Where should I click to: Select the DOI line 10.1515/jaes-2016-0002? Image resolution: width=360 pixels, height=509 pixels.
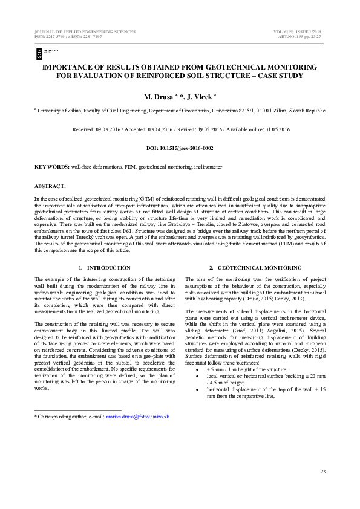[180, 148]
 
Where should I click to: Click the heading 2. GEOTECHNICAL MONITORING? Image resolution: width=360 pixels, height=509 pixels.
[255, 267]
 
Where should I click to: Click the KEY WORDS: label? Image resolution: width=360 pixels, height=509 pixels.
[51, 166]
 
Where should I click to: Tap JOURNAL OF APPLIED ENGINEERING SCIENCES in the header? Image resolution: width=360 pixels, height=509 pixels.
[85, 31]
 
